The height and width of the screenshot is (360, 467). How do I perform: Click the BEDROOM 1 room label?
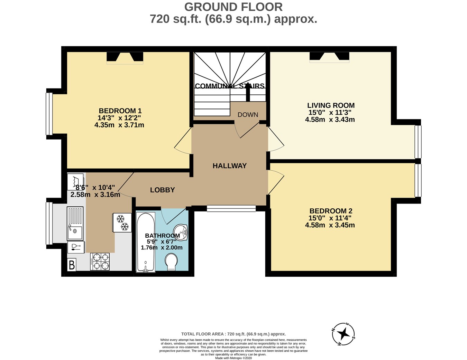(x=120, y=111)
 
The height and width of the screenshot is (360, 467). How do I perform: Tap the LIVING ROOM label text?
(x=331, y=105)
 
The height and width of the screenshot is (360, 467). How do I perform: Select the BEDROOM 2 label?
(x=331, y=211)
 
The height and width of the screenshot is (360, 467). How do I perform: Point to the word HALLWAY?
(x=229, y=166)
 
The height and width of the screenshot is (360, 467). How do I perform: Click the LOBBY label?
(x=162, y=190)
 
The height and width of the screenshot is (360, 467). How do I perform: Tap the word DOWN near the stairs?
(x=248, y=115)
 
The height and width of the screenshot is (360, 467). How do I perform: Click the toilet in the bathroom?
(x=172, y=262)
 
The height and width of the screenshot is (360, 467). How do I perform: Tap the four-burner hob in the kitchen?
(x=100, y=262)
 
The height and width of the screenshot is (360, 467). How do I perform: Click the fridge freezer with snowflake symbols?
(x=122, y=222)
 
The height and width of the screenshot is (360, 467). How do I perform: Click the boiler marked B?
(x=72, y=265)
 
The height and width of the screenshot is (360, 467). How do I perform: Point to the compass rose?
(x=344, y=334)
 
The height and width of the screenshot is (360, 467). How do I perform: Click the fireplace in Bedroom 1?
(x=125, y=57)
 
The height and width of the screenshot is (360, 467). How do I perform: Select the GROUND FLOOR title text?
(x=233, y=7)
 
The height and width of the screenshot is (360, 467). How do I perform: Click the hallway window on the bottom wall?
(x=231, y=208)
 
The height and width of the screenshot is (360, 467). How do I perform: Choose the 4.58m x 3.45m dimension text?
(x=330, y=225)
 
